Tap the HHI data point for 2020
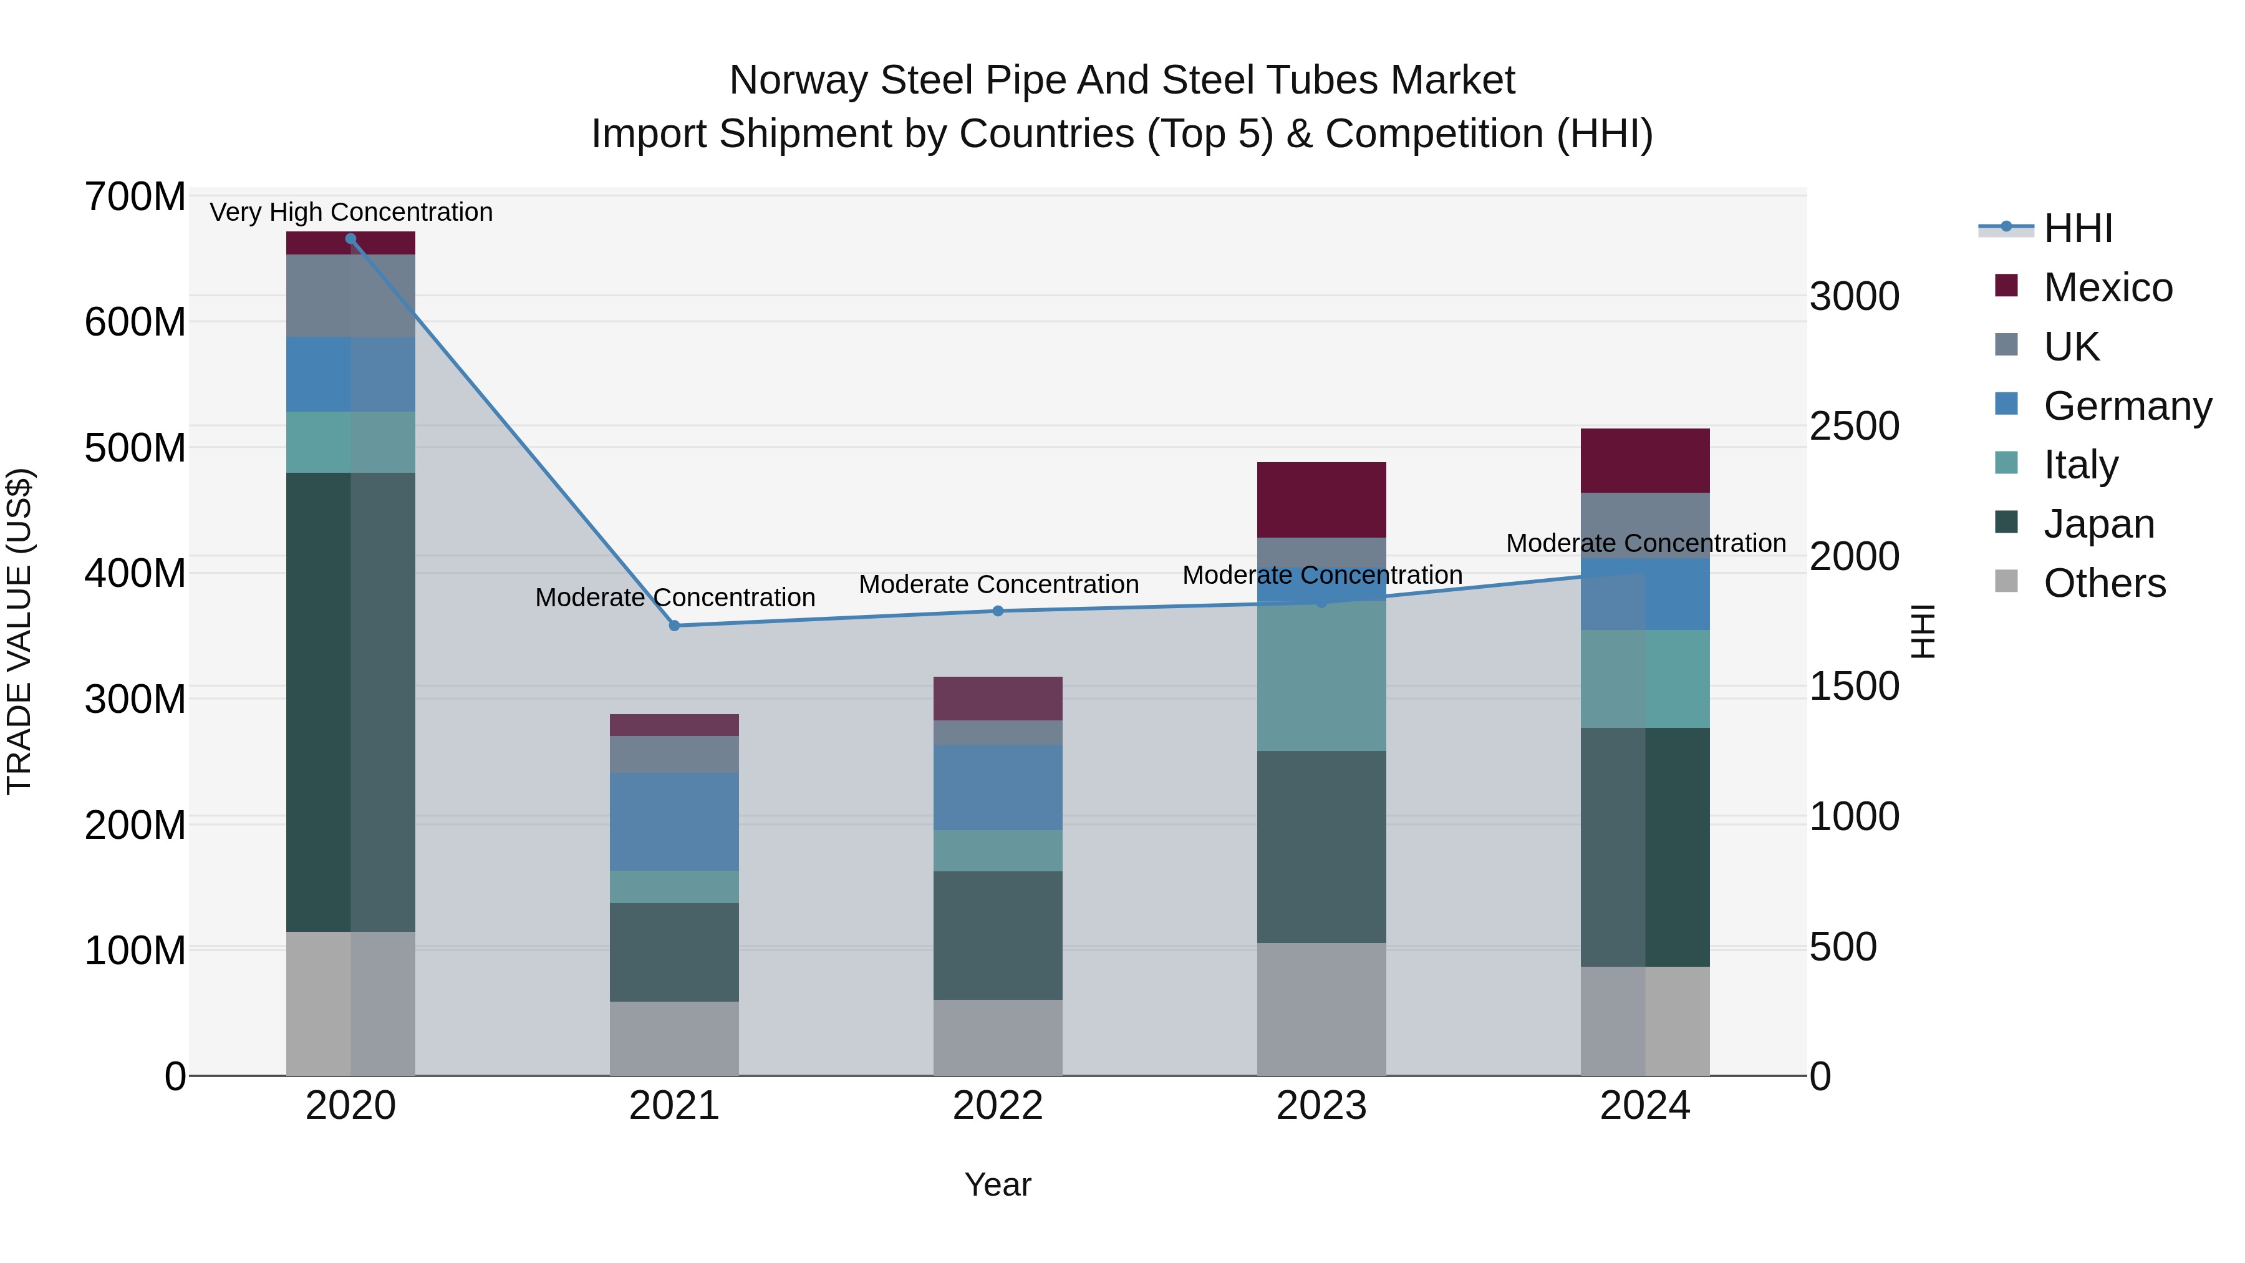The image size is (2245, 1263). coord(350,239)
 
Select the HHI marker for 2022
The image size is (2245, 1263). coord(998,611)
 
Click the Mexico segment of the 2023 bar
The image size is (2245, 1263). coord(1321,500)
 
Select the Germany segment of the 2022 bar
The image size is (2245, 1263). coord(998,787)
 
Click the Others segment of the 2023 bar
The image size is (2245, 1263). coord(1321,1009)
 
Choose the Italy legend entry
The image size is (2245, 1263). coord(2080,465)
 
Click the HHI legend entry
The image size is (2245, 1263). coord(2078,228)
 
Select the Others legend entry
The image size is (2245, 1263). coord(2104,583)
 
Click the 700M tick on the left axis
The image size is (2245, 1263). coord(135,197)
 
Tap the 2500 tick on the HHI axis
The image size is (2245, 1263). coord(1855,426)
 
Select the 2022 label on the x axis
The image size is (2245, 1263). coord(998,1106)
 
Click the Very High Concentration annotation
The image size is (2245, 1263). coord(351,212)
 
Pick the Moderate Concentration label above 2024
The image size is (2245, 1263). coord(1646,543)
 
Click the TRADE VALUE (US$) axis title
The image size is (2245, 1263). coord(19,631)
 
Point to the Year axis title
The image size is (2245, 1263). coord(998,1184)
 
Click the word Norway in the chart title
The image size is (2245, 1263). coord(799,80)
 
